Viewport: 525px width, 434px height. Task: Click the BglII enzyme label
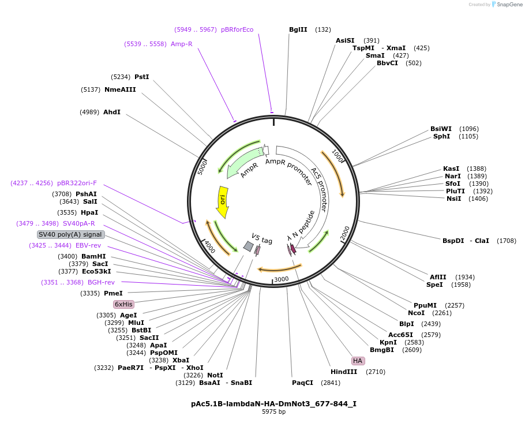click(298, 29)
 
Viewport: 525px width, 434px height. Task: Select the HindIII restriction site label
click(344, 372)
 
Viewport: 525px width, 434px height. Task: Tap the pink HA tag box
click(358, 361)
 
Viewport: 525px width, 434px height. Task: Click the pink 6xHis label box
click(123, 304)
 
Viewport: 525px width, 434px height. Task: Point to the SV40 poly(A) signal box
click(70, 234)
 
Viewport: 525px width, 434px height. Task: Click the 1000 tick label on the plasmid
click(338, 157)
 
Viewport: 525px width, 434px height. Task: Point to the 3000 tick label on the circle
click(281, 279)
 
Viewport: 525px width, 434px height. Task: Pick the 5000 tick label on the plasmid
click(202, 168)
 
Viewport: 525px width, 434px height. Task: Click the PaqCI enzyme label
click(302, 383)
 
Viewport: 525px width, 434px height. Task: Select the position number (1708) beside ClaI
click(506, 241)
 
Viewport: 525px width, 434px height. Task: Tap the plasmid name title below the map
click(273, 404)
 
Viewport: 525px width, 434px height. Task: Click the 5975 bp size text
click(273, 412)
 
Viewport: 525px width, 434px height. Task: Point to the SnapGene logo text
click(509, 5)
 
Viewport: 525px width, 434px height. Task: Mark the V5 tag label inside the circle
click(262, 238)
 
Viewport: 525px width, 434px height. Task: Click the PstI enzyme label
click(141, 77)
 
